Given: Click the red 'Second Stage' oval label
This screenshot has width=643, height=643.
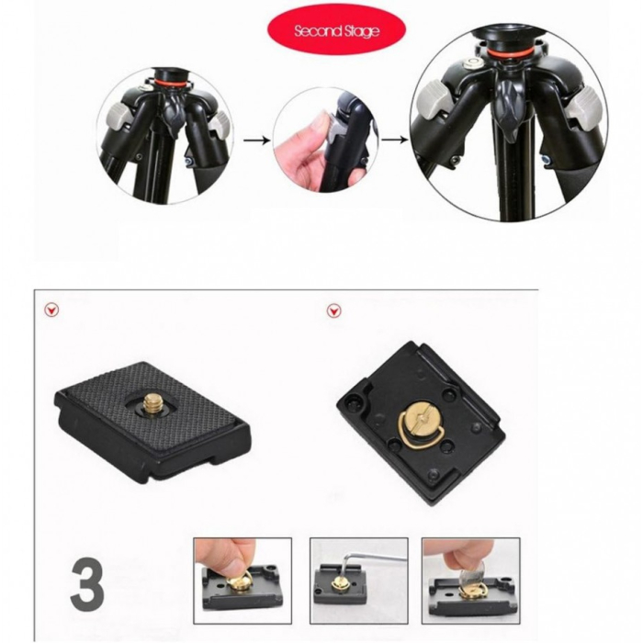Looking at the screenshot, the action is tap(336, 29).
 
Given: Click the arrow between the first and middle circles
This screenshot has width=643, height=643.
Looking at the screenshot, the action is tap(256, 141).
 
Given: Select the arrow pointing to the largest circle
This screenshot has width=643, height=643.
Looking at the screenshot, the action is tap(394, 140).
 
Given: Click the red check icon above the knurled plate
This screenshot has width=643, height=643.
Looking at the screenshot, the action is tap(51, 310).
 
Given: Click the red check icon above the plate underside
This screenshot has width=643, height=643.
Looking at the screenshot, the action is tap(333, 311).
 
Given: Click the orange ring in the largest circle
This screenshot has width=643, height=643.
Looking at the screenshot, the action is tap(511, 52).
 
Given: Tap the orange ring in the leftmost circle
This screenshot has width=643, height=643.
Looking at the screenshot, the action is tap(172, 84).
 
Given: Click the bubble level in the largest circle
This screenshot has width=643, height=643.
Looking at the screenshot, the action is tap(468, 64).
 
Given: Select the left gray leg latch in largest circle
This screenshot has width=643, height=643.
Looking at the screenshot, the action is tap(434, 100).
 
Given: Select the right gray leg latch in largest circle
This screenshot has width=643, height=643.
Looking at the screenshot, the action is tap(584, 106).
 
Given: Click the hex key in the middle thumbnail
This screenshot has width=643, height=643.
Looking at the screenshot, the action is tap(369, 560).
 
